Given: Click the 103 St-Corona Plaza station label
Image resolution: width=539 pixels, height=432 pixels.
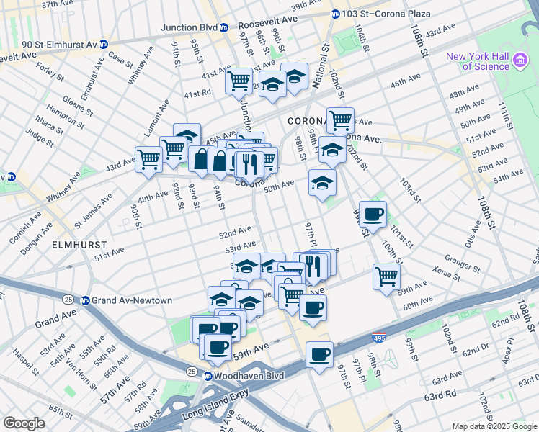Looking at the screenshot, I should tap(386, 14).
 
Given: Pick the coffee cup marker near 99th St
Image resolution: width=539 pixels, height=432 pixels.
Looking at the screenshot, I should tap(373, 215).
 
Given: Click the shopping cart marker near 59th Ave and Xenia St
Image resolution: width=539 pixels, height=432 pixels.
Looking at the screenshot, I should tap(386, 276).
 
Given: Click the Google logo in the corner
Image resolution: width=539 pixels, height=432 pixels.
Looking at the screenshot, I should tap(24, 423).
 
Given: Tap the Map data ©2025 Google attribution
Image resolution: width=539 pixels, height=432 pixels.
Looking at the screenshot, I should tap(494, 426).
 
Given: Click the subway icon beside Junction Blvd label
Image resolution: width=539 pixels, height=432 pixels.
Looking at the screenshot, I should tap(224, 28).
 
